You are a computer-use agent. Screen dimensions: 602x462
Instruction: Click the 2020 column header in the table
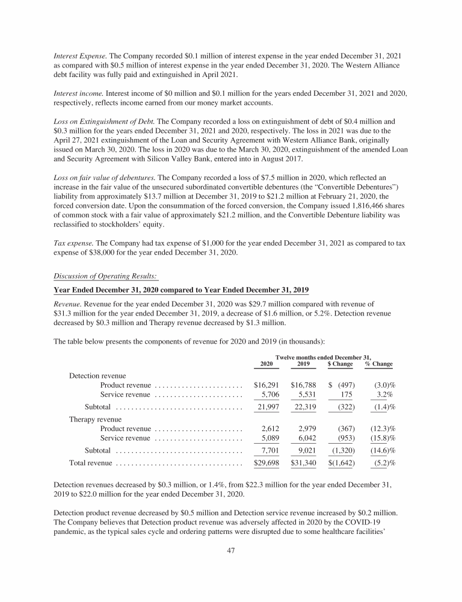266,364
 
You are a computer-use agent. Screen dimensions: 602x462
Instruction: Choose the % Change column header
378,364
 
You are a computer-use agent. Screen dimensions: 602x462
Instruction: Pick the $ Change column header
340,364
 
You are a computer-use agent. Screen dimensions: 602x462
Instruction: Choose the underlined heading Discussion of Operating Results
106,276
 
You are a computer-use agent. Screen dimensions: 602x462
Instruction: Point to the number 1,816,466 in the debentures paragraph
358,204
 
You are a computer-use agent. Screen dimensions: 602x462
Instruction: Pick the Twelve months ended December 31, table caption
323,357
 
